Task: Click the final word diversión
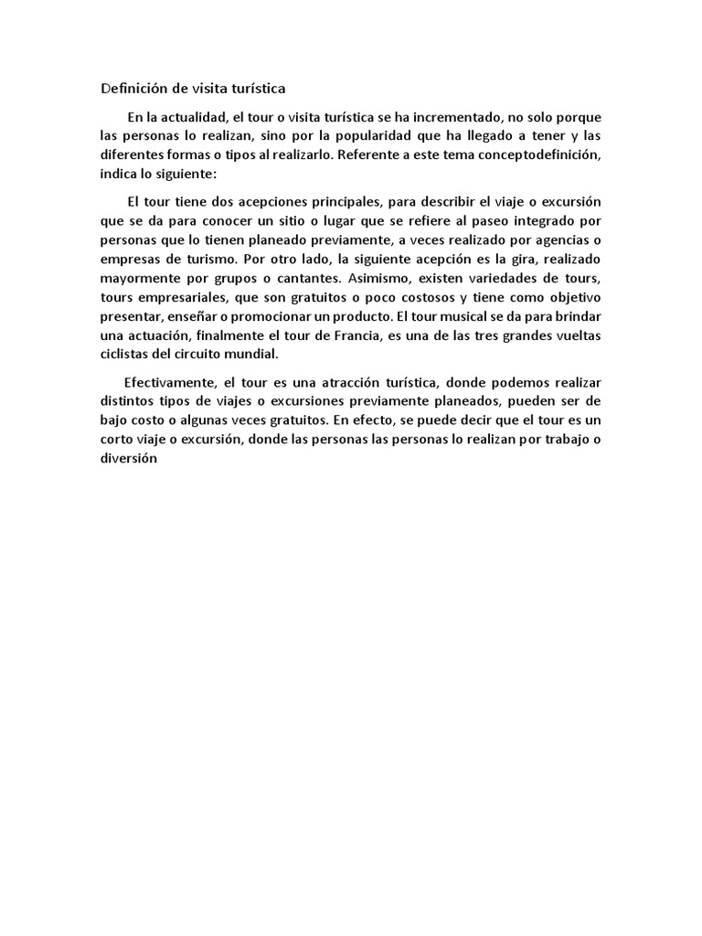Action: (x=129, y=459)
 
